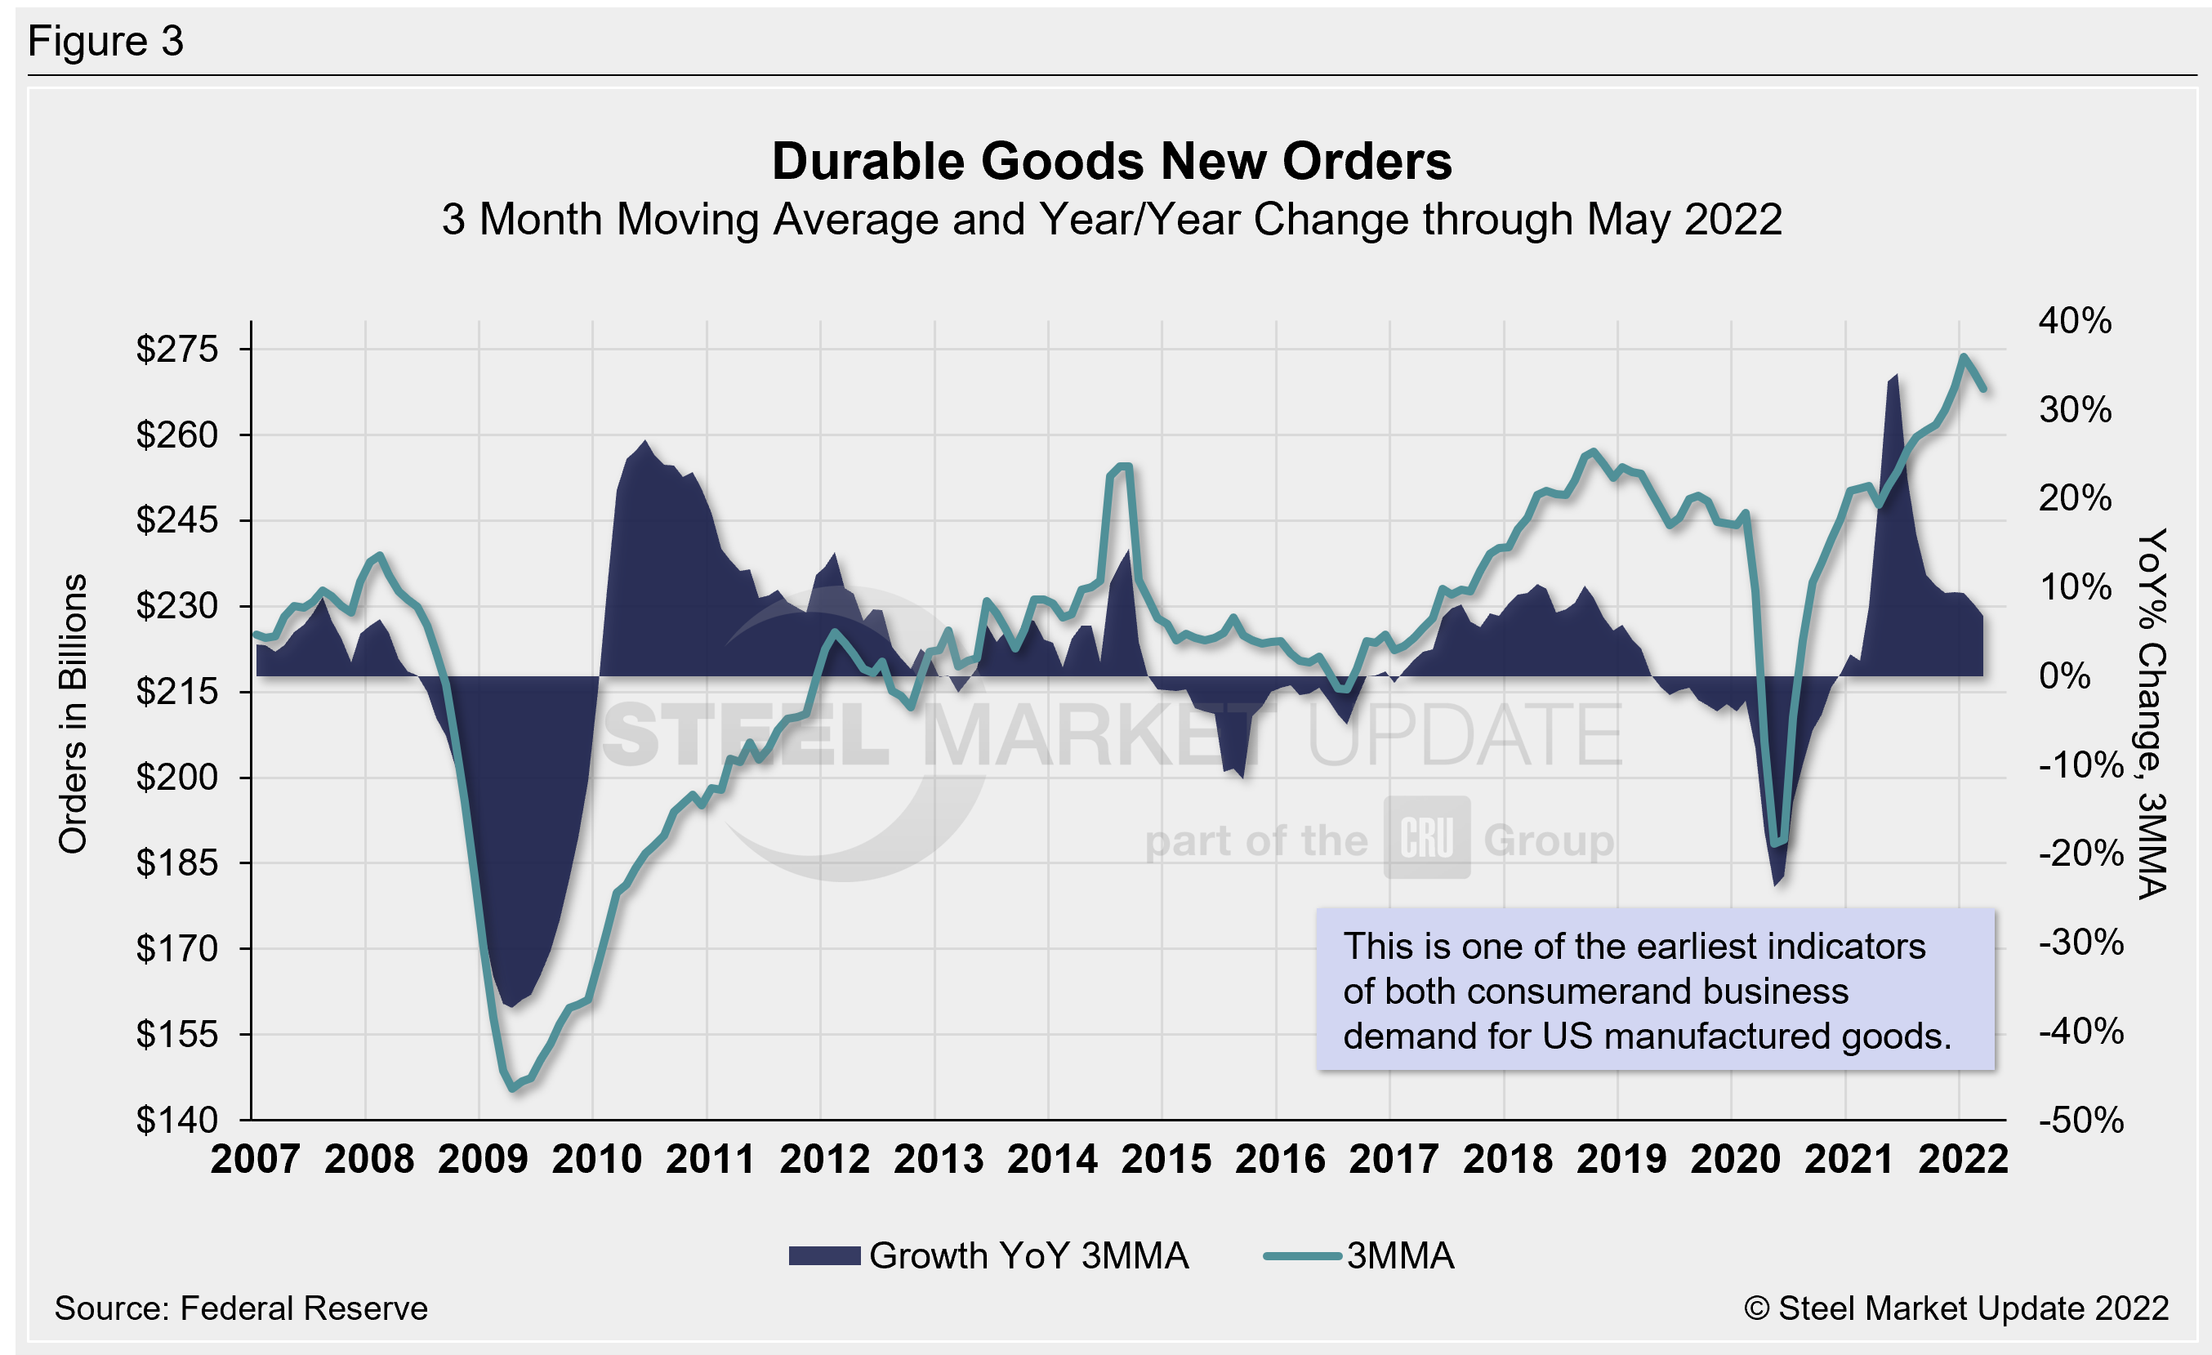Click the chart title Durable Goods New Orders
coord(1112,162)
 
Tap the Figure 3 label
coord(106,42)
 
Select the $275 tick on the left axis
coord(177,349)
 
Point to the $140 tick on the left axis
coord(177,1120)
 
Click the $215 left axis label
coord(177,692)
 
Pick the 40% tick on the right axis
coord(2075,320)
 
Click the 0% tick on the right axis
coord(2065,675)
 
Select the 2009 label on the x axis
coord(482,1159)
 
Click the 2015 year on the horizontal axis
coord(1166,1159)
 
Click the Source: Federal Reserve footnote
coord(241,1308)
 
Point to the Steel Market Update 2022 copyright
coord(1956,1308)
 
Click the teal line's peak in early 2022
coord(1964,357)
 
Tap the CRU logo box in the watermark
coord(1426,838)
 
